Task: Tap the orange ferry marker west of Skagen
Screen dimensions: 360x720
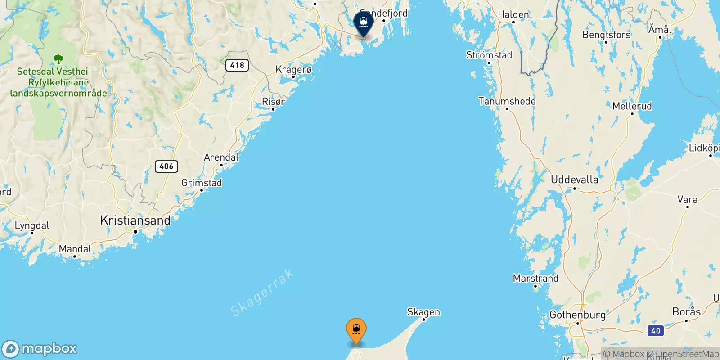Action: [356, 330]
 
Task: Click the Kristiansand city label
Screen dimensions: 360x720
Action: [135, 220]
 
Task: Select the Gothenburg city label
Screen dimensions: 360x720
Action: [577, 315]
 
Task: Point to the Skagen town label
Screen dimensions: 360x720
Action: [423, 312]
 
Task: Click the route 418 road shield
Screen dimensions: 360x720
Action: [237, 65]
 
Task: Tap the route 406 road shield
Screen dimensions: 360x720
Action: [166, 166]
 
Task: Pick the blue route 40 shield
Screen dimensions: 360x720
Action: [656, 331]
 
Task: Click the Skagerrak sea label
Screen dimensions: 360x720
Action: [262, 293]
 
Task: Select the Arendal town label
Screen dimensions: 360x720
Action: [221, 157]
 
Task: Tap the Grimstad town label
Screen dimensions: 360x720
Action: [202, 183]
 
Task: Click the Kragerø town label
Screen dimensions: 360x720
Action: [293, 70]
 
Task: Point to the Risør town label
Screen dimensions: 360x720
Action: [273, 102]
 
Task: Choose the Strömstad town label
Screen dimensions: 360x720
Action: [489, 55]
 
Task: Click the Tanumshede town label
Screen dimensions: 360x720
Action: [507, 101]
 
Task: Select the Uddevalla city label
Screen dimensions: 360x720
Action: [575, 180]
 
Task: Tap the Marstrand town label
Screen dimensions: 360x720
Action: [535, 278]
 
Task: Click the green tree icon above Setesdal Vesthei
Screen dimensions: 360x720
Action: [58, 59]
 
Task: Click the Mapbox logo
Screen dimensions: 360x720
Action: [40, 349]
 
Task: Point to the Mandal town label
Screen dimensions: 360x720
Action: [75, 249]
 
